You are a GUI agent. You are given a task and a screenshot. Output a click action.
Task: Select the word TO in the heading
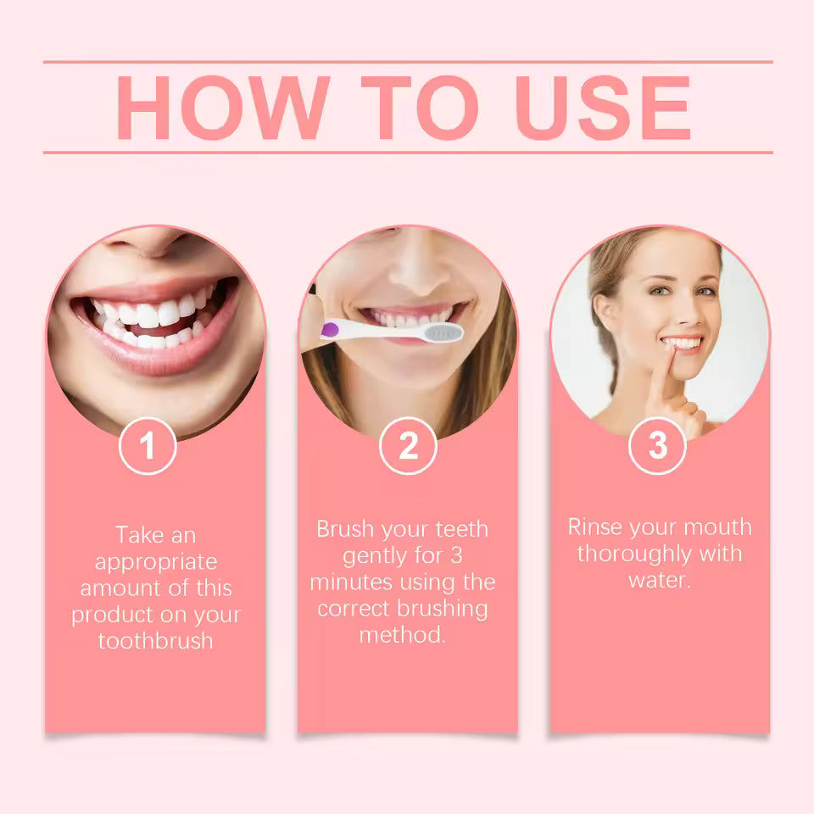pos(419,108)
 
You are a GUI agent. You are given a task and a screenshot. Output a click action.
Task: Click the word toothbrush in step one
pos(155,640)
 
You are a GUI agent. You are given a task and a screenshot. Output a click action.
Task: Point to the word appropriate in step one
pos(155,562)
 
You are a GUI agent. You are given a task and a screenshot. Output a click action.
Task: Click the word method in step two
pos(402,635)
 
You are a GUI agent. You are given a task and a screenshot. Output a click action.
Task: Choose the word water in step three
pos(659,580)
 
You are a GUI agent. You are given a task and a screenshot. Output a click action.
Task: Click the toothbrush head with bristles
pos(440,332)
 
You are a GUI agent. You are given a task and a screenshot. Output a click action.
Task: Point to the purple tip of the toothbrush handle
pos(326,328)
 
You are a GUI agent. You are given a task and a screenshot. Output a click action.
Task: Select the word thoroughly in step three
pos(633,554)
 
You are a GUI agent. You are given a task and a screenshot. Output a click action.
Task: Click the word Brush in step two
pos(347,529)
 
